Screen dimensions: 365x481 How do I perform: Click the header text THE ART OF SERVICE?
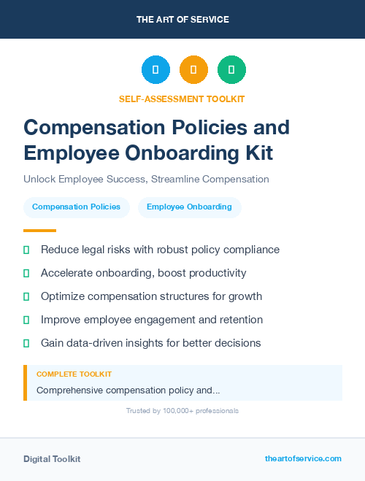point(182,19)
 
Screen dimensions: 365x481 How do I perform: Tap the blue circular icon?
point(155,70)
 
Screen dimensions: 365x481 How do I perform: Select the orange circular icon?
point(193,70)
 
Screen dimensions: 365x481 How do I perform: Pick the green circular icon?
point(231,70)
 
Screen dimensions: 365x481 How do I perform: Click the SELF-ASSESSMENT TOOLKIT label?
point(182,99)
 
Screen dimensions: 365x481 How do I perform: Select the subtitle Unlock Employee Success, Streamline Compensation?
point(146,179)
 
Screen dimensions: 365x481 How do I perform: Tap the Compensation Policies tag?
point(77,207)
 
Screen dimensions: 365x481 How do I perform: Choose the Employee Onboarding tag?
point(189,207)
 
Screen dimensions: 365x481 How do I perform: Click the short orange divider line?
point(34,231)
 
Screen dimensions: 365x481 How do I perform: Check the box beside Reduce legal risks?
point(26,250)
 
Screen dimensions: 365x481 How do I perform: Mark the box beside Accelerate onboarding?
point(26,273)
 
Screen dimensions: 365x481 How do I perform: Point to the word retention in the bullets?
point(241,320)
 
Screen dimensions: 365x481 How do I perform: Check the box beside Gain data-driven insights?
point(26,343)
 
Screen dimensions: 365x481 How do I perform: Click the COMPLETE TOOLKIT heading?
point(74,374)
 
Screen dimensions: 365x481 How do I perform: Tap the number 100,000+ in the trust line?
point(170,411)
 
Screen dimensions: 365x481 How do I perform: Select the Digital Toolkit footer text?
point(52,459)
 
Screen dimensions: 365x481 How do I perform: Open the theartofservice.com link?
point(303,458)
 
